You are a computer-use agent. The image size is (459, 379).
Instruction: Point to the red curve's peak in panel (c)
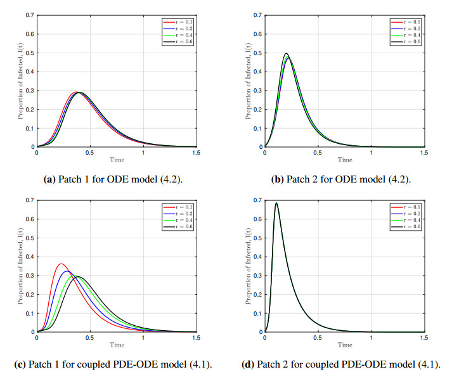point(61,264)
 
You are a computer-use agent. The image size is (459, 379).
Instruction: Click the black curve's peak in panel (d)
point(276,203)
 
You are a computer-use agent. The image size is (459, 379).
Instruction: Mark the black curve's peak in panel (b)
point(287,53)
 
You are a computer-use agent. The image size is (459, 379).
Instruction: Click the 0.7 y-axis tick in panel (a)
point(30,15)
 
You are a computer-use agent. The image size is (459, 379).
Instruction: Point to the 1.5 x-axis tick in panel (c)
point(197,337)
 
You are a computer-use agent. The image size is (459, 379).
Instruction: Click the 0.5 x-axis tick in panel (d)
point(318,337)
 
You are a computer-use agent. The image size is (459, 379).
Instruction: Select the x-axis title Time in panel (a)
point(117,160)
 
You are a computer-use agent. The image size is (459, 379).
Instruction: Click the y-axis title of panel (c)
point(20,266)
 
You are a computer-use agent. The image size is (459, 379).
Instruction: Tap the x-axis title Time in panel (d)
point(344,345)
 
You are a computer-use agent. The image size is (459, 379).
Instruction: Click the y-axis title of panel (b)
point(249,81)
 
